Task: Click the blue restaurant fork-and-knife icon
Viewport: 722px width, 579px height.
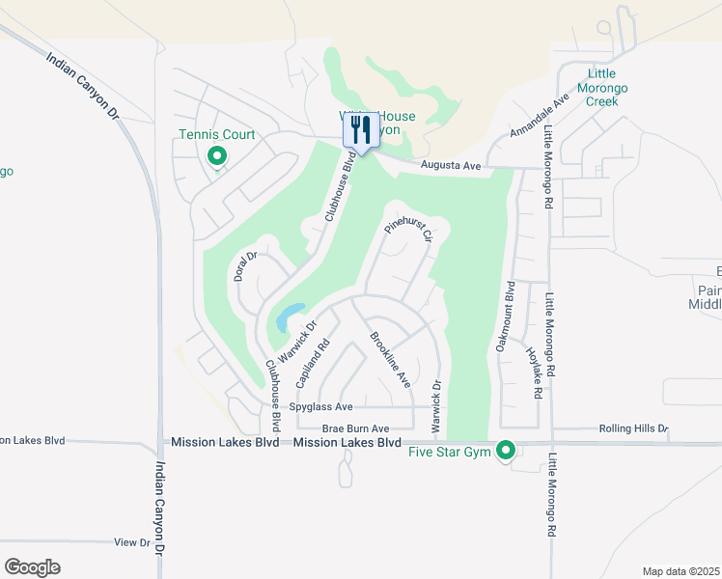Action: pyautogui.click(x=361, y=129)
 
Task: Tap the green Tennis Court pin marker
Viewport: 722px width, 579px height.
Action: pyautogui.click(x=217, y=155)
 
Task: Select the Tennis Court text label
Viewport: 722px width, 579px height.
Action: pyautogui.click(x=217, y=134)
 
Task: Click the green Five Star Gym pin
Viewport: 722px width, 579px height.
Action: pyautogui.click(x=504, y=450)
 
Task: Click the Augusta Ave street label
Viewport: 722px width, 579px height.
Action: pyautogui.click(x=451, y=167)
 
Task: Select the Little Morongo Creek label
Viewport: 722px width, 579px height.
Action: pyautogui.click(x=609, y=88)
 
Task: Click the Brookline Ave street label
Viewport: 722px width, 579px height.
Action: pyautogui.click(x=390, y=360)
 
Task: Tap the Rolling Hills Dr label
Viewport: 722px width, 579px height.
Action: pyautogui.click(x=633, y=428)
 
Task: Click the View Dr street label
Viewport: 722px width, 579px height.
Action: pyautogui.click(x=132, y=542)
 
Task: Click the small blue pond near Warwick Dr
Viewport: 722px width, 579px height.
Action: pyautogui.click(x=289, y=317)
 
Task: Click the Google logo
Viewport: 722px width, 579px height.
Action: pyautogui.click(x=33, y=567)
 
